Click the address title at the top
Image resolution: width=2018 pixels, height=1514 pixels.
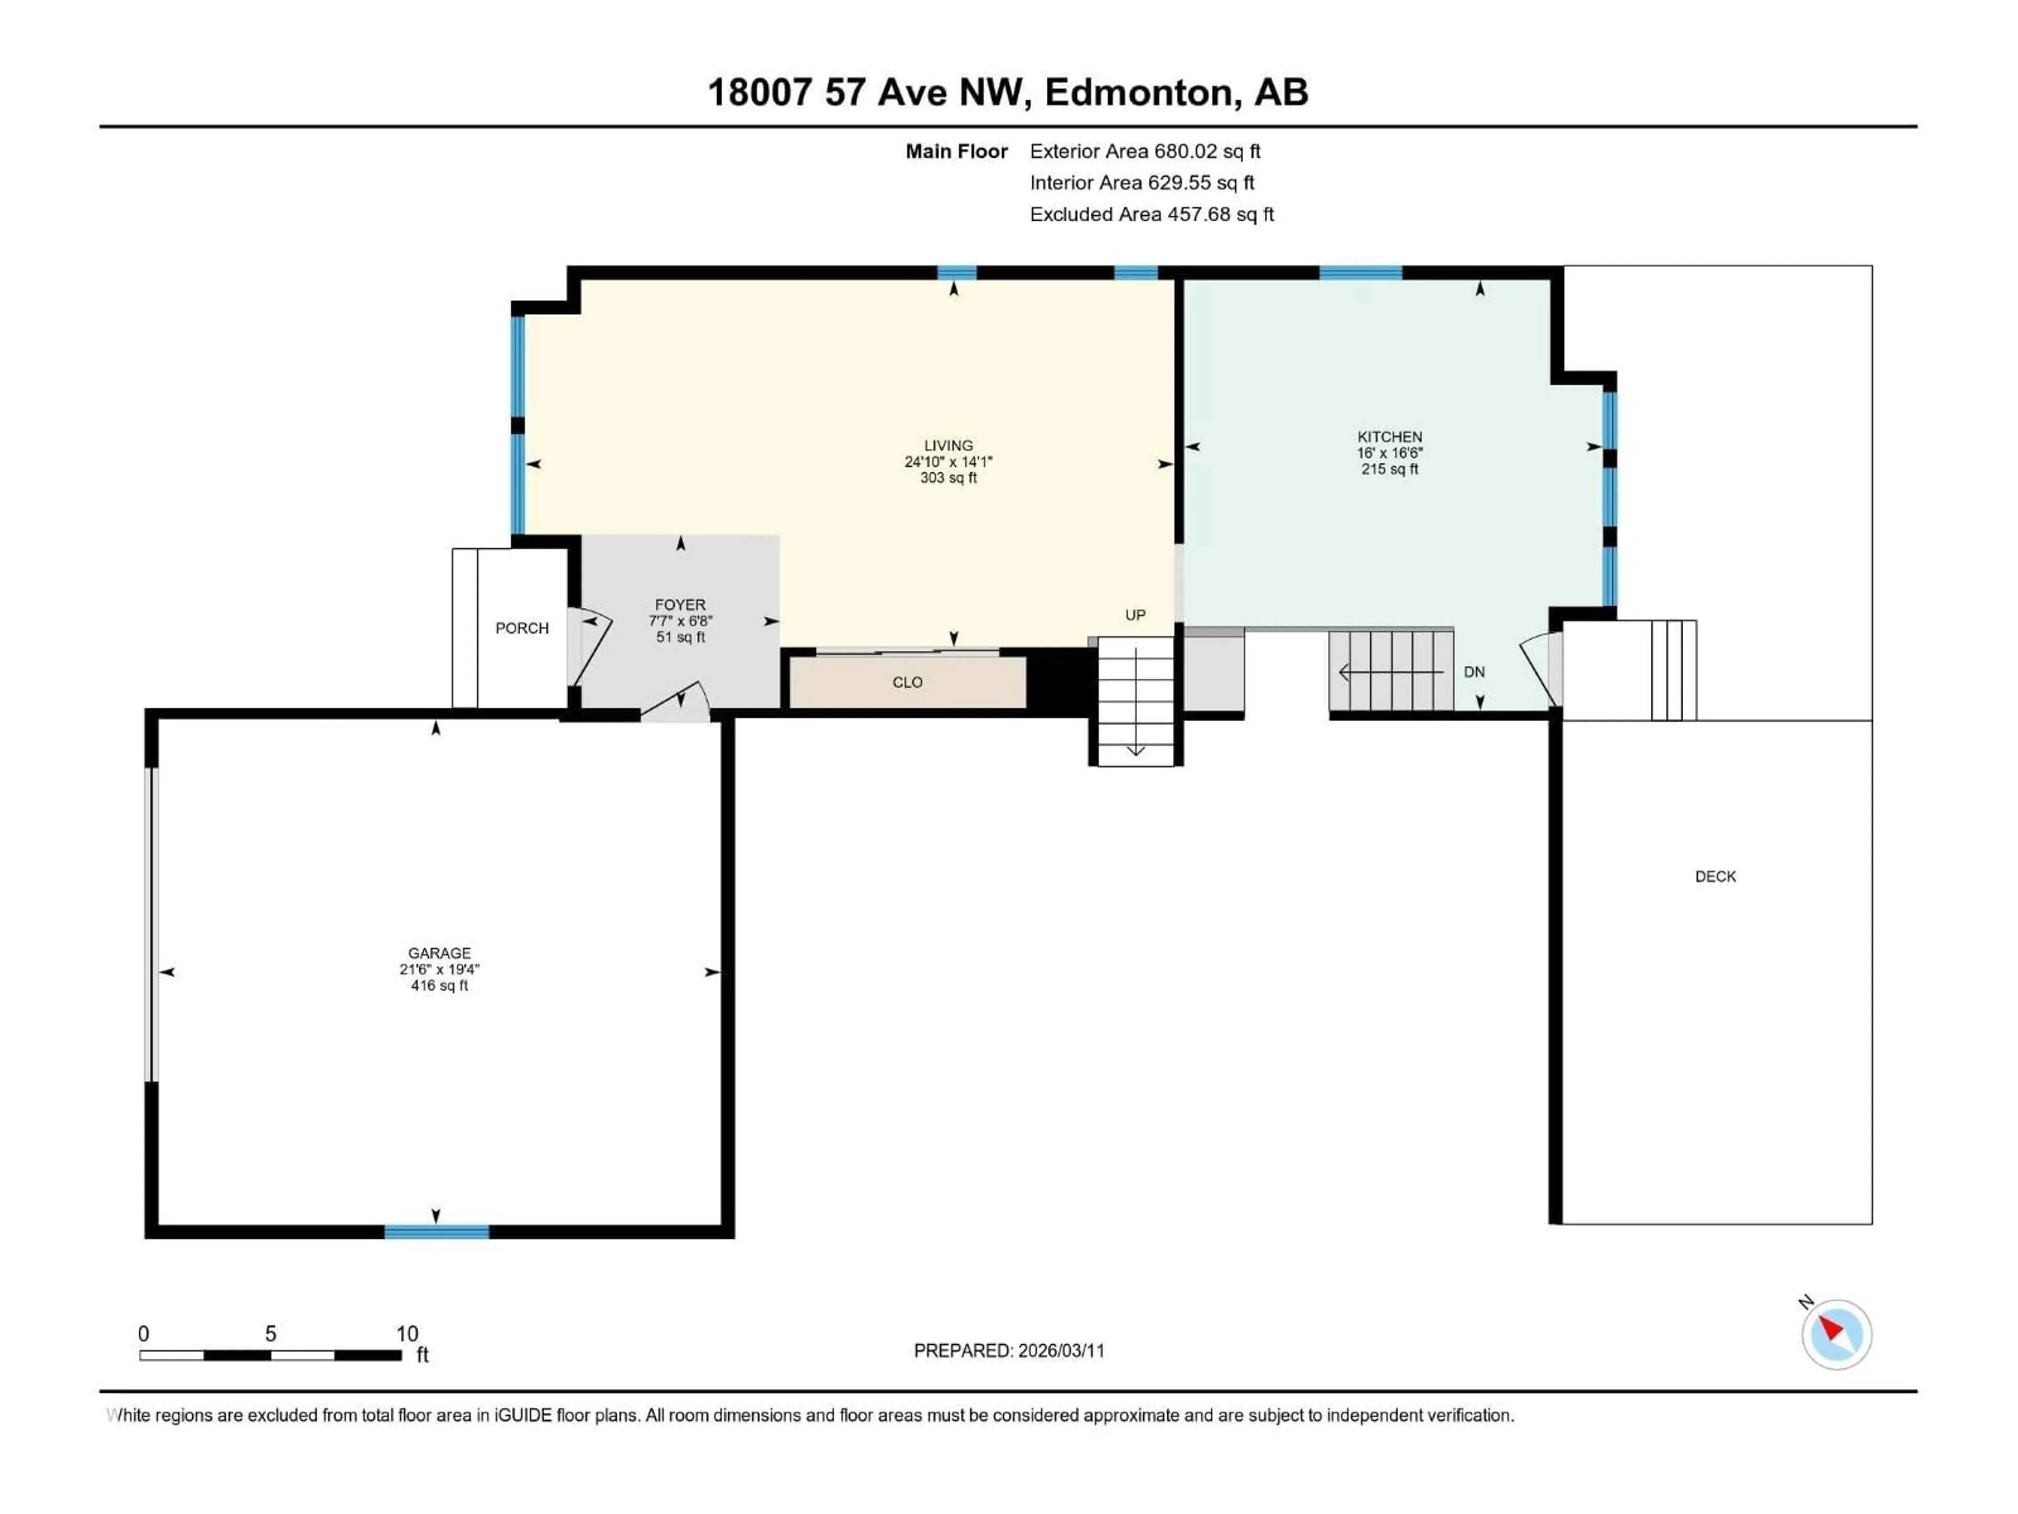click(1008, 92)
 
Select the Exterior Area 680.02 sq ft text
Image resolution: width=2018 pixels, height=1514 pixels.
click(1145, 151)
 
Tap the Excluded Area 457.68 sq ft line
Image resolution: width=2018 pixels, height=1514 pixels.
click(1151, 214)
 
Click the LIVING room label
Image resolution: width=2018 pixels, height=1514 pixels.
click(948, 445)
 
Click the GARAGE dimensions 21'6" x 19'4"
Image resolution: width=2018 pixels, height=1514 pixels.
click(439, 970)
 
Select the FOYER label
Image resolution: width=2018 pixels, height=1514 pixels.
click(679, 604)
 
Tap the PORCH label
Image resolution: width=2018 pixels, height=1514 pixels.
click(522, 628)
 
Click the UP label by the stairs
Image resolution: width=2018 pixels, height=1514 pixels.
click(1135, 615)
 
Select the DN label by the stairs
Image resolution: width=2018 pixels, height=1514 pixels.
click(1474, 672)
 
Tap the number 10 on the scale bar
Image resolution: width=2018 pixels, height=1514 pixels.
click(407, 1333)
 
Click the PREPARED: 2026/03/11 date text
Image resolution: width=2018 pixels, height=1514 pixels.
click(1009, 1351)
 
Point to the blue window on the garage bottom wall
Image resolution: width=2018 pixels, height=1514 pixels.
click(436, 1232)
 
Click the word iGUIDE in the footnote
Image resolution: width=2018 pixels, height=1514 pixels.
click(523, 1416)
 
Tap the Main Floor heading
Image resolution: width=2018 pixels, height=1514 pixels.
click(956, 151)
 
